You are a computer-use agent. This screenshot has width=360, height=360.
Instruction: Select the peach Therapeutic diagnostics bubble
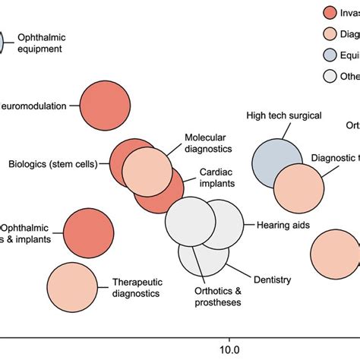(x=74, y=286)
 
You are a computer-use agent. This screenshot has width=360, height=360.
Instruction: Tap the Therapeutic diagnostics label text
(x=136, y=286)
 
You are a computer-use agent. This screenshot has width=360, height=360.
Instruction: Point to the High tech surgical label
(x=284, y=115)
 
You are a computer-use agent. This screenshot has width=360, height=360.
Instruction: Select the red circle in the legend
(x=330, y=12)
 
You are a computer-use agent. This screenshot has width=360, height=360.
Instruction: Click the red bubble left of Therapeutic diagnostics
(x=88, y=233)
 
